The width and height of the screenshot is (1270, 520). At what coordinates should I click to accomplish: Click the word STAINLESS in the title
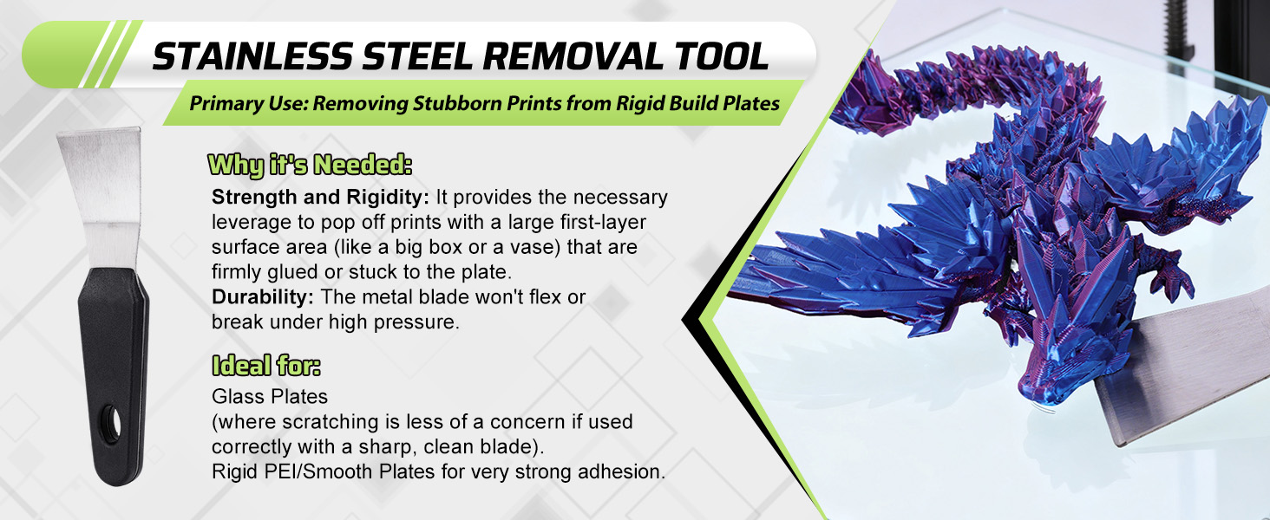252,56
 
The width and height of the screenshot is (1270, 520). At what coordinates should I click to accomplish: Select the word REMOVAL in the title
572,56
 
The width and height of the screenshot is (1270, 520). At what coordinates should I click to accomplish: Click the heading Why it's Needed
310,166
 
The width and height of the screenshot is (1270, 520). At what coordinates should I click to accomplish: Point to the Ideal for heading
266,366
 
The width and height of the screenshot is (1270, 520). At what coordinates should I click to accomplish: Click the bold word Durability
263,297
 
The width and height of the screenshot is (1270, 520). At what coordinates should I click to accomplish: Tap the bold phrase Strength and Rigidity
320,197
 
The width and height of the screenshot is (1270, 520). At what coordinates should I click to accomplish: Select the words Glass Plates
269,397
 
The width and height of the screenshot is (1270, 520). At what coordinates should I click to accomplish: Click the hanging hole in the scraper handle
112,425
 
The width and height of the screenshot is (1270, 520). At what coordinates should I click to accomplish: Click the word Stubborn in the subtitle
455,104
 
